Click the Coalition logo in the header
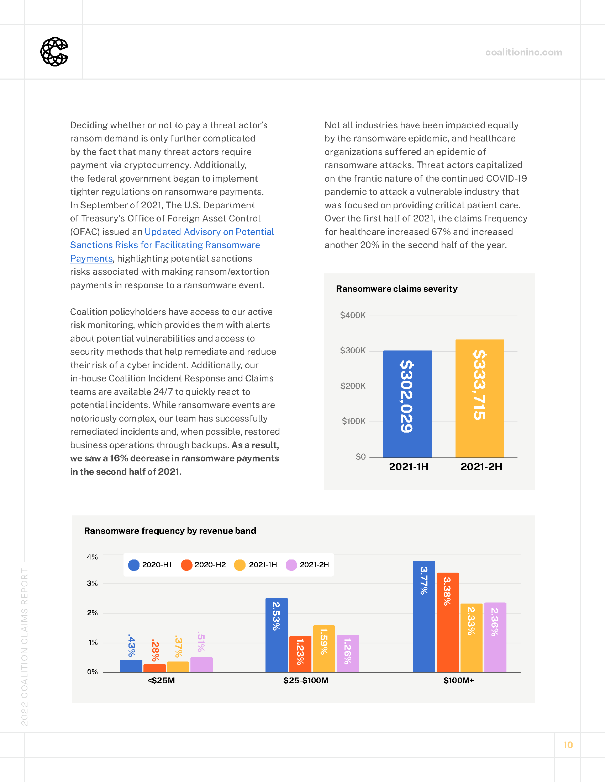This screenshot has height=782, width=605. pos(54,52)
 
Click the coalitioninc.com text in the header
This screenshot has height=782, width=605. pos(523,52)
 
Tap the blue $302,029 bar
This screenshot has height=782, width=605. pos(407,403)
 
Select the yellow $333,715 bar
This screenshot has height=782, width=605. pos(480,398)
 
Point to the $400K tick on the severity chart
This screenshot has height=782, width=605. pos(353,315)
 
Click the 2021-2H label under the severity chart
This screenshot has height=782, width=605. pos(481,467)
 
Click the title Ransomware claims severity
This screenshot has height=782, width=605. pos(396,289)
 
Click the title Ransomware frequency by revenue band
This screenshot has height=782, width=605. pos(170,531)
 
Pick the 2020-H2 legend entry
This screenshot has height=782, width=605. pos(204,565)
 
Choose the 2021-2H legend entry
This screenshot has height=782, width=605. pos(307,565)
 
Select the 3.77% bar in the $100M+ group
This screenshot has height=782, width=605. pos(423,616)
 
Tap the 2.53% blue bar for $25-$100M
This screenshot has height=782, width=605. pos(276,635)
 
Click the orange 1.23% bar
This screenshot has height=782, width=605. pos(300,654)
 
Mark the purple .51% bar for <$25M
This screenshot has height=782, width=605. pos(201,665)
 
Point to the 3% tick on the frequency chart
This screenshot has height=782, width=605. pos(92,583)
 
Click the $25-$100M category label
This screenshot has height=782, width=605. pos(306,680)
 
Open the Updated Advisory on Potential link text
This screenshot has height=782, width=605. pos(209,232)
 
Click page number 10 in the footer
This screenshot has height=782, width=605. pos(568,745)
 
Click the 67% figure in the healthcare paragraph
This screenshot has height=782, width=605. pos(441,232)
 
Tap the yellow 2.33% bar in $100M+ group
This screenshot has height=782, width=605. pos(471,638)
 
